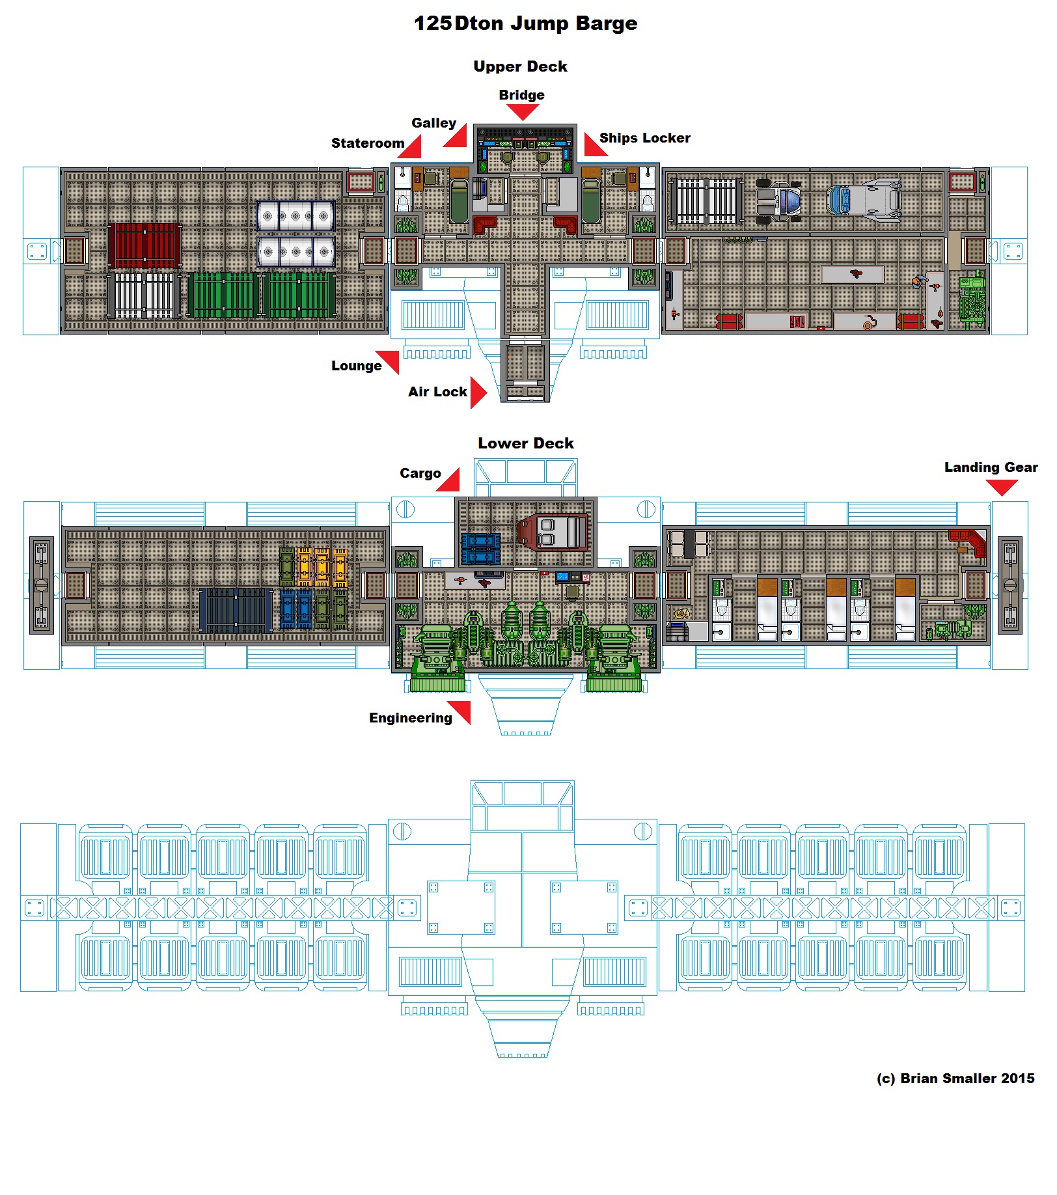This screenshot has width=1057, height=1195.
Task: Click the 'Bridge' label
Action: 521,95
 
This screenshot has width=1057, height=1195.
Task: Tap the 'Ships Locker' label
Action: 644,138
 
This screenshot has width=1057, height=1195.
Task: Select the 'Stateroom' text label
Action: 368,143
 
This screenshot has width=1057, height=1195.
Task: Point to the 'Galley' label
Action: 433,123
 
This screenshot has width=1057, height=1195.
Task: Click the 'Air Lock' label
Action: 437,392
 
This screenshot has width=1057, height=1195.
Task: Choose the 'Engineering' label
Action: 410,718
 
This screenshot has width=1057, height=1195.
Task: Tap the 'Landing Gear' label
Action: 991,467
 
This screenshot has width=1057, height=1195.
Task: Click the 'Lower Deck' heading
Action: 526,443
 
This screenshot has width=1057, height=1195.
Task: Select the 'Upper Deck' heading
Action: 520,66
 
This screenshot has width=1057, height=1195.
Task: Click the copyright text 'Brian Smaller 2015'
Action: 967,1078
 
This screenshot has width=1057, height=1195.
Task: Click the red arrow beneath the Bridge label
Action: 523,112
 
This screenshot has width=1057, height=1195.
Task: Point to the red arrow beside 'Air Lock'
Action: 478,392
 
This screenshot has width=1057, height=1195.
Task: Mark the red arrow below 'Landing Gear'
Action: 1002,488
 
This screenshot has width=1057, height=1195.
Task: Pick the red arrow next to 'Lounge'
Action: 389,361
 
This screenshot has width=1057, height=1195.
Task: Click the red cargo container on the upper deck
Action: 144,246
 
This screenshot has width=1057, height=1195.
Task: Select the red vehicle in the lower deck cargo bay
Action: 553,532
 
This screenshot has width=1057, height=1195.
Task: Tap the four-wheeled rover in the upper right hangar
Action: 778,200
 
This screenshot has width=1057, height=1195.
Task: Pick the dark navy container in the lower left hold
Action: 235,610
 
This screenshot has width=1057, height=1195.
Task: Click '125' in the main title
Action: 433,23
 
